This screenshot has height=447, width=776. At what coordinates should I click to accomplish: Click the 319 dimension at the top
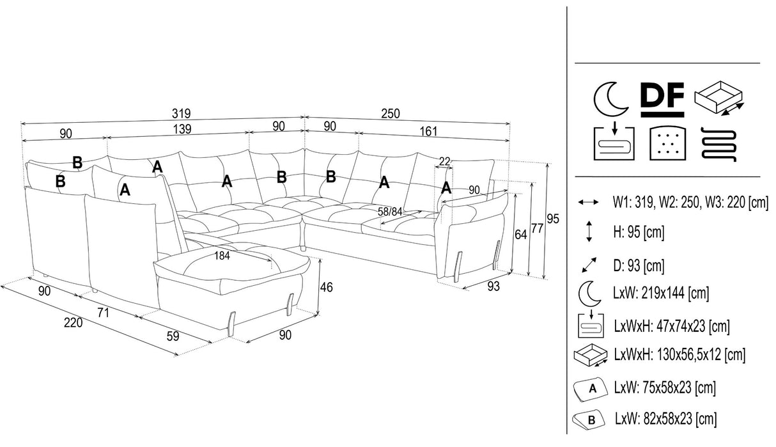[x=182, y=113]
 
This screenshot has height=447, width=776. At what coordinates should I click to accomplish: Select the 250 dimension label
[x=390, y=113]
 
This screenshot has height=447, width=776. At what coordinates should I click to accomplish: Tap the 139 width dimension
[x=182, y=129]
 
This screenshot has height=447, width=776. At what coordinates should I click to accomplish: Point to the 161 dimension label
[x=428, y=131]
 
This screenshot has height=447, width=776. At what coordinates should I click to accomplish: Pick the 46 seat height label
[x=326, y=288]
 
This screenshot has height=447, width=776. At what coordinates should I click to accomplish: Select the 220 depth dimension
[x=73, y=323]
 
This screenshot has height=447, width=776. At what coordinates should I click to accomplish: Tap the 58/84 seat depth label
[x=391, y=211]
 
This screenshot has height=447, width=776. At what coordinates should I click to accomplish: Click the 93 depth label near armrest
[x=493, y=287]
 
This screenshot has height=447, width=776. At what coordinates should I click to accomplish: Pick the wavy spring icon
[x=720, y=143]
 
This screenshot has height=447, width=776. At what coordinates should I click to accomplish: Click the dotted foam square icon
[x=665, y=143]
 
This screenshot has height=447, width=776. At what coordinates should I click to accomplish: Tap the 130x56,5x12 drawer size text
[x=679, y=354]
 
